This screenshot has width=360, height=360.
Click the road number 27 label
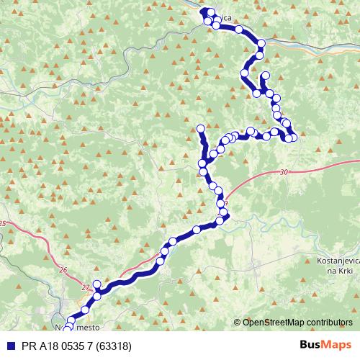pyautogui.click(x=86, y=287)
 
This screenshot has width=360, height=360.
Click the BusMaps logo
pyautogui.click(x=326, y=345)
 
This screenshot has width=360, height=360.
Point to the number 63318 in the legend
pyautogui.click(x=115, y=345)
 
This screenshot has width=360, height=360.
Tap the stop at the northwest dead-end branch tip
pyautogui.click(x=200, y=129)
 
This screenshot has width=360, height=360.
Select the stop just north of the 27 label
pyautogui.click(x=96, y=284)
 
